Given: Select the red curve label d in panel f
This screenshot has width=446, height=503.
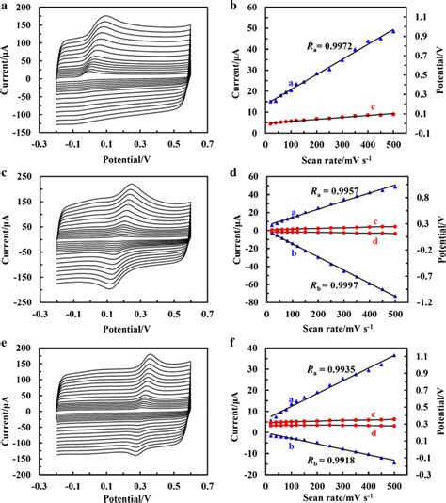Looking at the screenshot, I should click(x=374, y=432).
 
